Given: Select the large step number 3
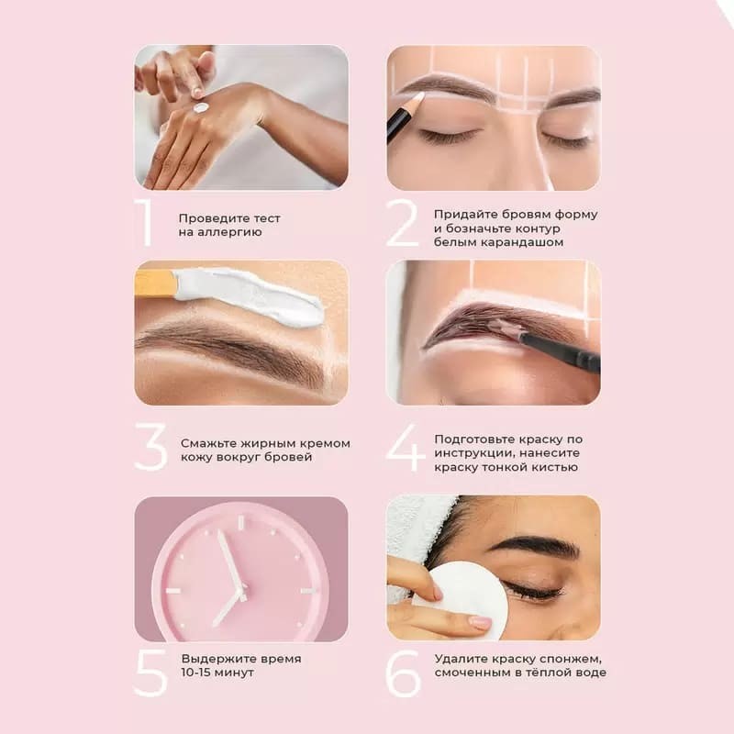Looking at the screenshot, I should tap(150, 448).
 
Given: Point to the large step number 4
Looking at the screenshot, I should tap(405, 448).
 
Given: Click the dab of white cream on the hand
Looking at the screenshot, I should tap(201, 108).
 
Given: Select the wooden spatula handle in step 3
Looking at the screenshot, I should tap(155, 282).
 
